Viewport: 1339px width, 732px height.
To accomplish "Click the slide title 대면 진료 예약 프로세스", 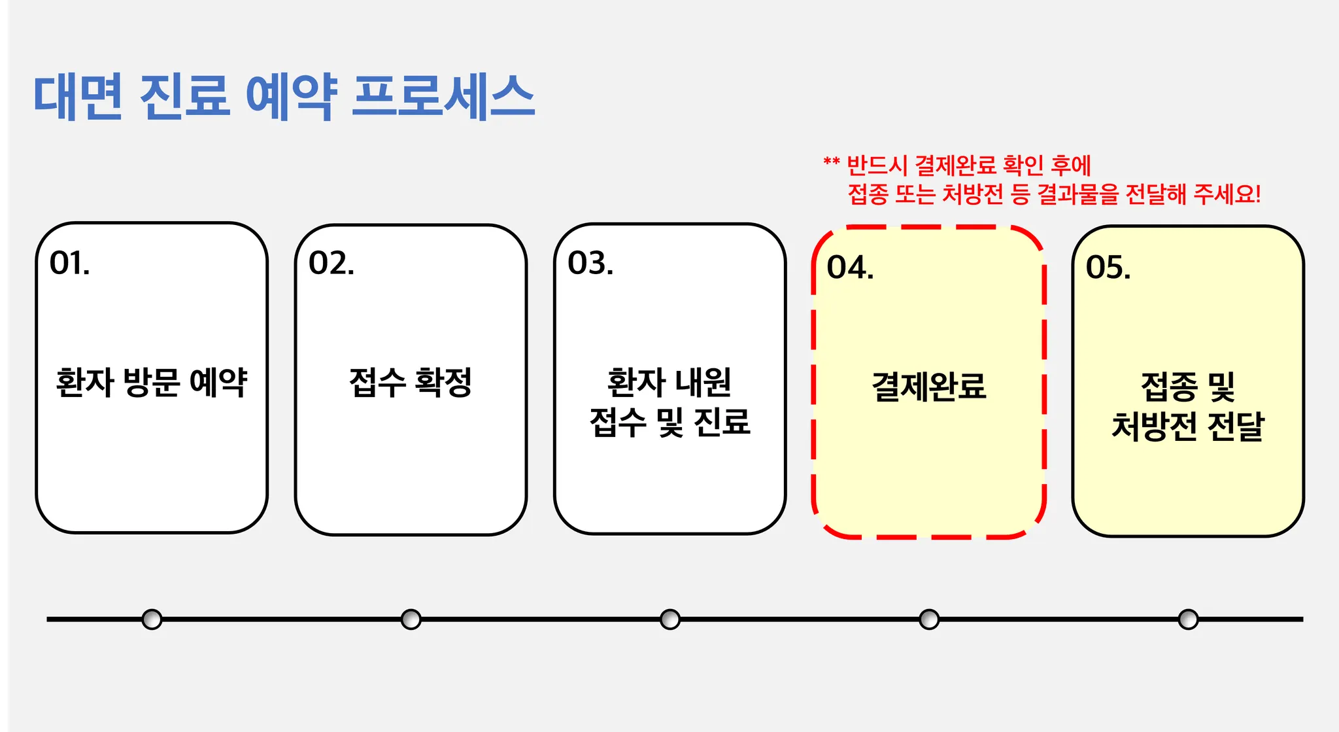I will click(x=284, y=97).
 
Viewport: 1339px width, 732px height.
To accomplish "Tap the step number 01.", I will click(x=69, y=263).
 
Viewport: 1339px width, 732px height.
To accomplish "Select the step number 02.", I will click(x=331, y=263).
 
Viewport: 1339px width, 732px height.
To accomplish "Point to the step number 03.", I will click(x=590, y=263).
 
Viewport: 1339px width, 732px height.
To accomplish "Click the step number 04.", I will click(x=849, y=268).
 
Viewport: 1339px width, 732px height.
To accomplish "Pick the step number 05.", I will click(x=1108, y=268).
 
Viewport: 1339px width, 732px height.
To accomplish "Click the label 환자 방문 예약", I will click(x=152, y=382).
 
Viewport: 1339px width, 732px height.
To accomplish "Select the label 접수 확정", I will click(x=411, y=382).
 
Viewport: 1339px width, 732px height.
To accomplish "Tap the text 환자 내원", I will click(x=669, y=382).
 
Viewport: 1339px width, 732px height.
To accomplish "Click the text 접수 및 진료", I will click(x=669, y=422).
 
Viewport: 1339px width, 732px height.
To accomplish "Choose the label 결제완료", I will click(x=928, y=386).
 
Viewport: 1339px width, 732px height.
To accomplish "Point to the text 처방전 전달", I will click(x=1188, y=427).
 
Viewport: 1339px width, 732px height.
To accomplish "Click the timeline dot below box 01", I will click(x=152, y=619).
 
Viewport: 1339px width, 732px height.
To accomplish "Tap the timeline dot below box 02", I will click(x=411, y=619).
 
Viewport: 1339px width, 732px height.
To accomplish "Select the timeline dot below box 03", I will click(x=669, y=619).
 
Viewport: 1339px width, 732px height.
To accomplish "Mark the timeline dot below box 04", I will click(x=928, y=619).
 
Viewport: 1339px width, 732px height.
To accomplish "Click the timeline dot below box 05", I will click(x=1188, y=619).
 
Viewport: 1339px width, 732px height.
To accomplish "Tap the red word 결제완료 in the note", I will click(x=955, y=166).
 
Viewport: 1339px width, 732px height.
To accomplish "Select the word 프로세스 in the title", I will click(x=443, y=97).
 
